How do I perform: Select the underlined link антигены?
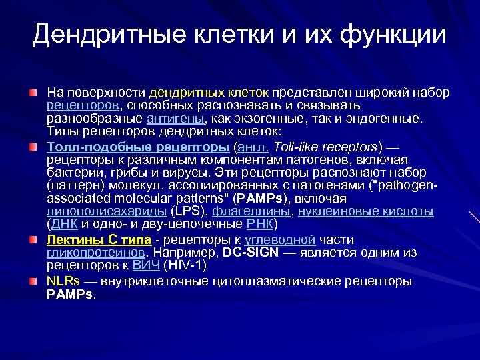point(175,119)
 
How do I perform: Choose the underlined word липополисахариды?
point(107,212)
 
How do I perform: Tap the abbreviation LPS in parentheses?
point(189,212)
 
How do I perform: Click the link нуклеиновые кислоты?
point(365,212)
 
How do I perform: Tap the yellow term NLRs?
point(63,281)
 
